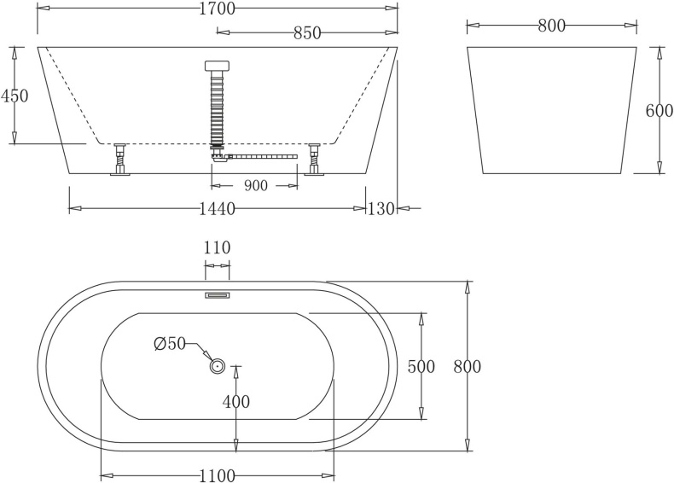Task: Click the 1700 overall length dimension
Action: [x=218, y=9]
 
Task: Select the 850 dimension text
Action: [x=307, y=33]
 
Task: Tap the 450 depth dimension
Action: [x=15, y=96]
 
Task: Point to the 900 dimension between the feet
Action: [x=255, y=185]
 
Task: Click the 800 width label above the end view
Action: [x=552, y=26]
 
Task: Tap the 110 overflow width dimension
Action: [x=217, y=248]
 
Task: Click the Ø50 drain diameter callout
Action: [x=170, y=343]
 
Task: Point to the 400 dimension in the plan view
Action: [x=236, y=401]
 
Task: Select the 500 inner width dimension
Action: [x=421, y=367]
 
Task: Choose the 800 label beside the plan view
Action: [x=467, y=367]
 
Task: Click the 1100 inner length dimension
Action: [x=217, y=476]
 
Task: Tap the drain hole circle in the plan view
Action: [x=218, y=366]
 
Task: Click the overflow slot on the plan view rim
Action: [x=217, y=296]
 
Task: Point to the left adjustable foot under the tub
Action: [x=119, y=160]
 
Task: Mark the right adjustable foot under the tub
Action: [x=314, y=160]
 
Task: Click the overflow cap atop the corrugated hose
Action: [x=218, y=66]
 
